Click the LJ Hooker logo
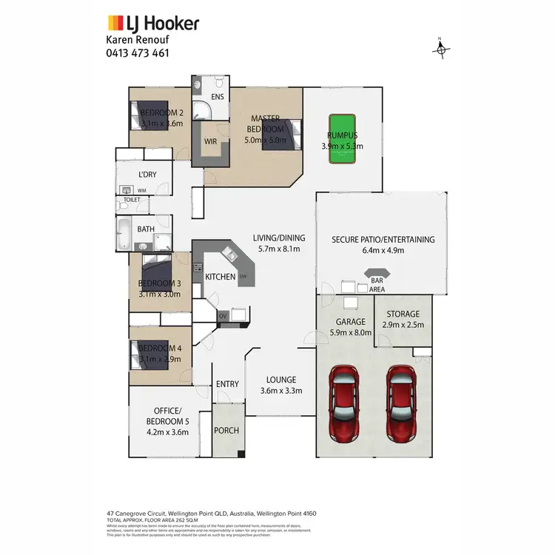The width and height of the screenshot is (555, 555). tap(153, 23)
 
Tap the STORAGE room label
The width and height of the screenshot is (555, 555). tap(403, 314)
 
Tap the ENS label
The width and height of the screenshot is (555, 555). tap(218, 97)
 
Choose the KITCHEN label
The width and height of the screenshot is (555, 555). tap(221, 277)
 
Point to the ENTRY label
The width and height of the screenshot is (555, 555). tap(227, 383)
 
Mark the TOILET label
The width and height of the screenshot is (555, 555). tap(132, 200)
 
